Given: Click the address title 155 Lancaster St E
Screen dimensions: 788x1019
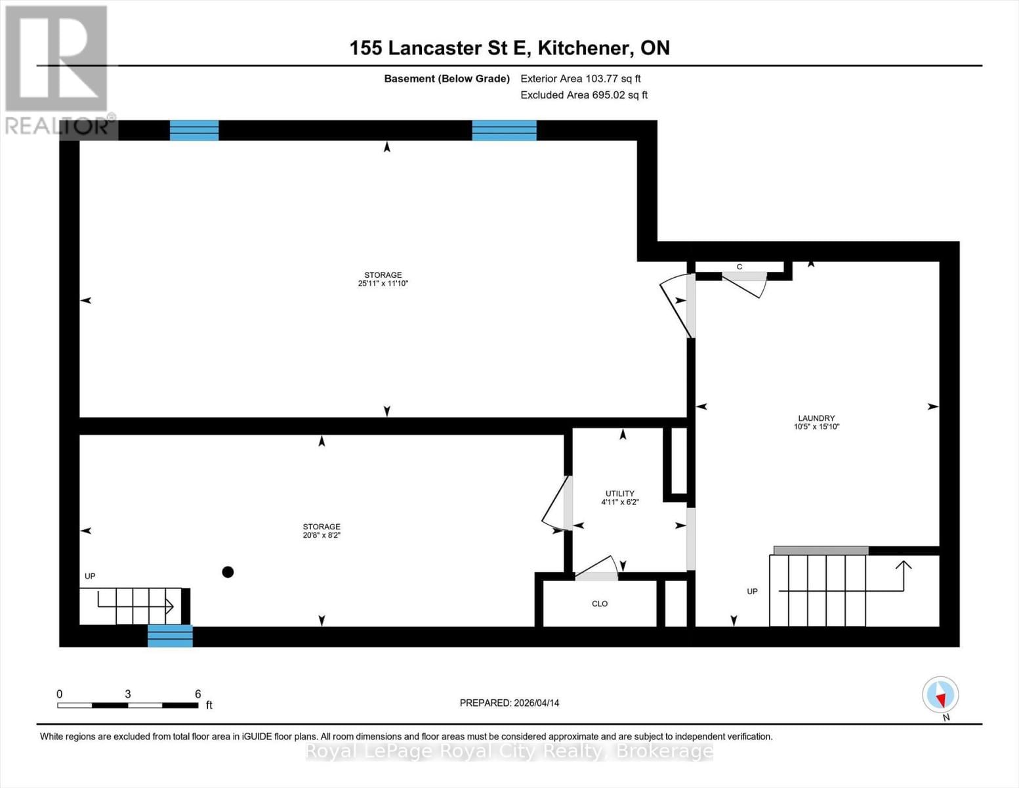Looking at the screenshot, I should [x=509, y=48].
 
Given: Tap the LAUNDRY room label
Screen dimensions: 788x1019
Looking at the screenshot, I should [x=816, y=418].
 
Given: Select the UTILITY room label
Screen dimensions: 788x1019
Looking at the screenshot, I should [x=619, y=494].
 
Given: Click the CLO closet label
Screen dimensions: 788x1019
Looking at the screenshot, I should [x=600, y=603].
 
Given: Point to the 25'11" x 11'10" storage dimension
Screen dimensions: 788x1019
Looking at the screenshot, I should [x=383, y=284].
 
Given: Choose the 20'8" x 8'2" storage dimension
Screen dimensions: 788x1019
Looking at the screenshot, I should [x=322, y=535].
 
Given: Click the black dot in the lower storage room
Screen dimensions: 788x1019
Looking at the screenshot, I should [x=228, y=572].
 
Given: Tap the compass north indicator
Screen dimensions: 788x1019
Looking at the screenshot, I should [x=941, y=695].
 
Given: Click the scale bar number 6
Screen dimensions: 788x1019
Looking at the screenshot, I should [x=198, y=694].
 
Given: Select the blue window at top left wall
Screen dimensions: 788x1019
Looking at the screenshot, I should [x=194, y=131].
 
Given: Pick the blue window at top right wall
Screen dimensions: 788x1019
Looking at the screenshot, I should [x=504, y=131].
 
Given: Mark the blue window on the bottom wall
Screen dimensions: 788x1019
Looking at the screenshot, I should [x=170, y=636].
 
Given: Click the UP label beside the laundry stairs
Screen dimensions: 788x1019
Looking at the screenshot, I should [x=752, y=592].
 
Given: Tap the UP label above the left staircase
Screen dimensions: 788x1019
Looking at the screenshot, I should [x=90, y=577].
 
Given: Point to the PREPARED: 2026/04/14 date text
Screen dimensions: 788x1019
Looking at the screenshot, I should [x=509, y=703].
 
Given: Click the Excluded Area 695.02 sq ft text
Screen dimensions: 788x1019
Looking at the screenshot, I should [x=583, y=95].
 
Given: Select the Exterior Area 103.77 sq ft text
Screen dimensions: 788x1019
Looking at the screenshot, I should [x=580, y=79].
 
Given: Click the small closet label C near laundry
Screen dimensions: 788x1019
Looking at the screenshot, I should [x=739, y=267].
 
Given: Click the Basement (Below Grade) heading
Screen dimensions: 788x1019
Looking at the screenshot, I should [x=446, y=79].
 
